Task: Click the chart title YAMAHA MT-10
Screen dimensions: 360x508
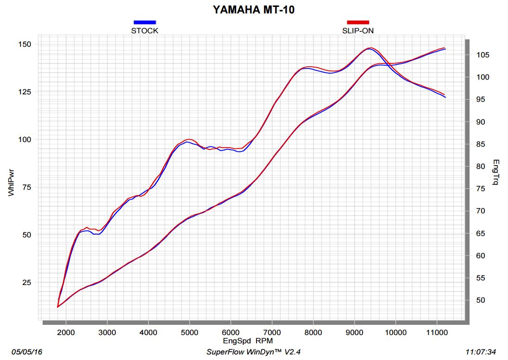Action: [x=253, y=9]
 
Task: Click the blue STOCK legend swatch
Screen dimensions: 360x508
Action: [x=144, y=22]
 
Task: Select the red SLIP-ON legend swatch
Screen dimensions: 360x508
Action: [x=358, y=22]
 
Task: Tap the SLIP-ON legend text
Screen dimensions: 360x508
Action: [x=358, y=31]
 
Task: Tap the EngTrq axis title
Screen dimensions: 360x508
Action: [x=496, y=172]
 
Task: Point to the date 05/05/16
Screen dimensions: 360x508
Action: [x=27, y=352]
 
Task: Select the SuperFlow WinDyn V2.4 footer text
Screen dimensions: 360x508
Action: [x=254, y=352]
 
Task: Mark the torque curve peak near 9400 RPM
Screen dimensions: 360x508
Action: [x=370, y=48]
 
